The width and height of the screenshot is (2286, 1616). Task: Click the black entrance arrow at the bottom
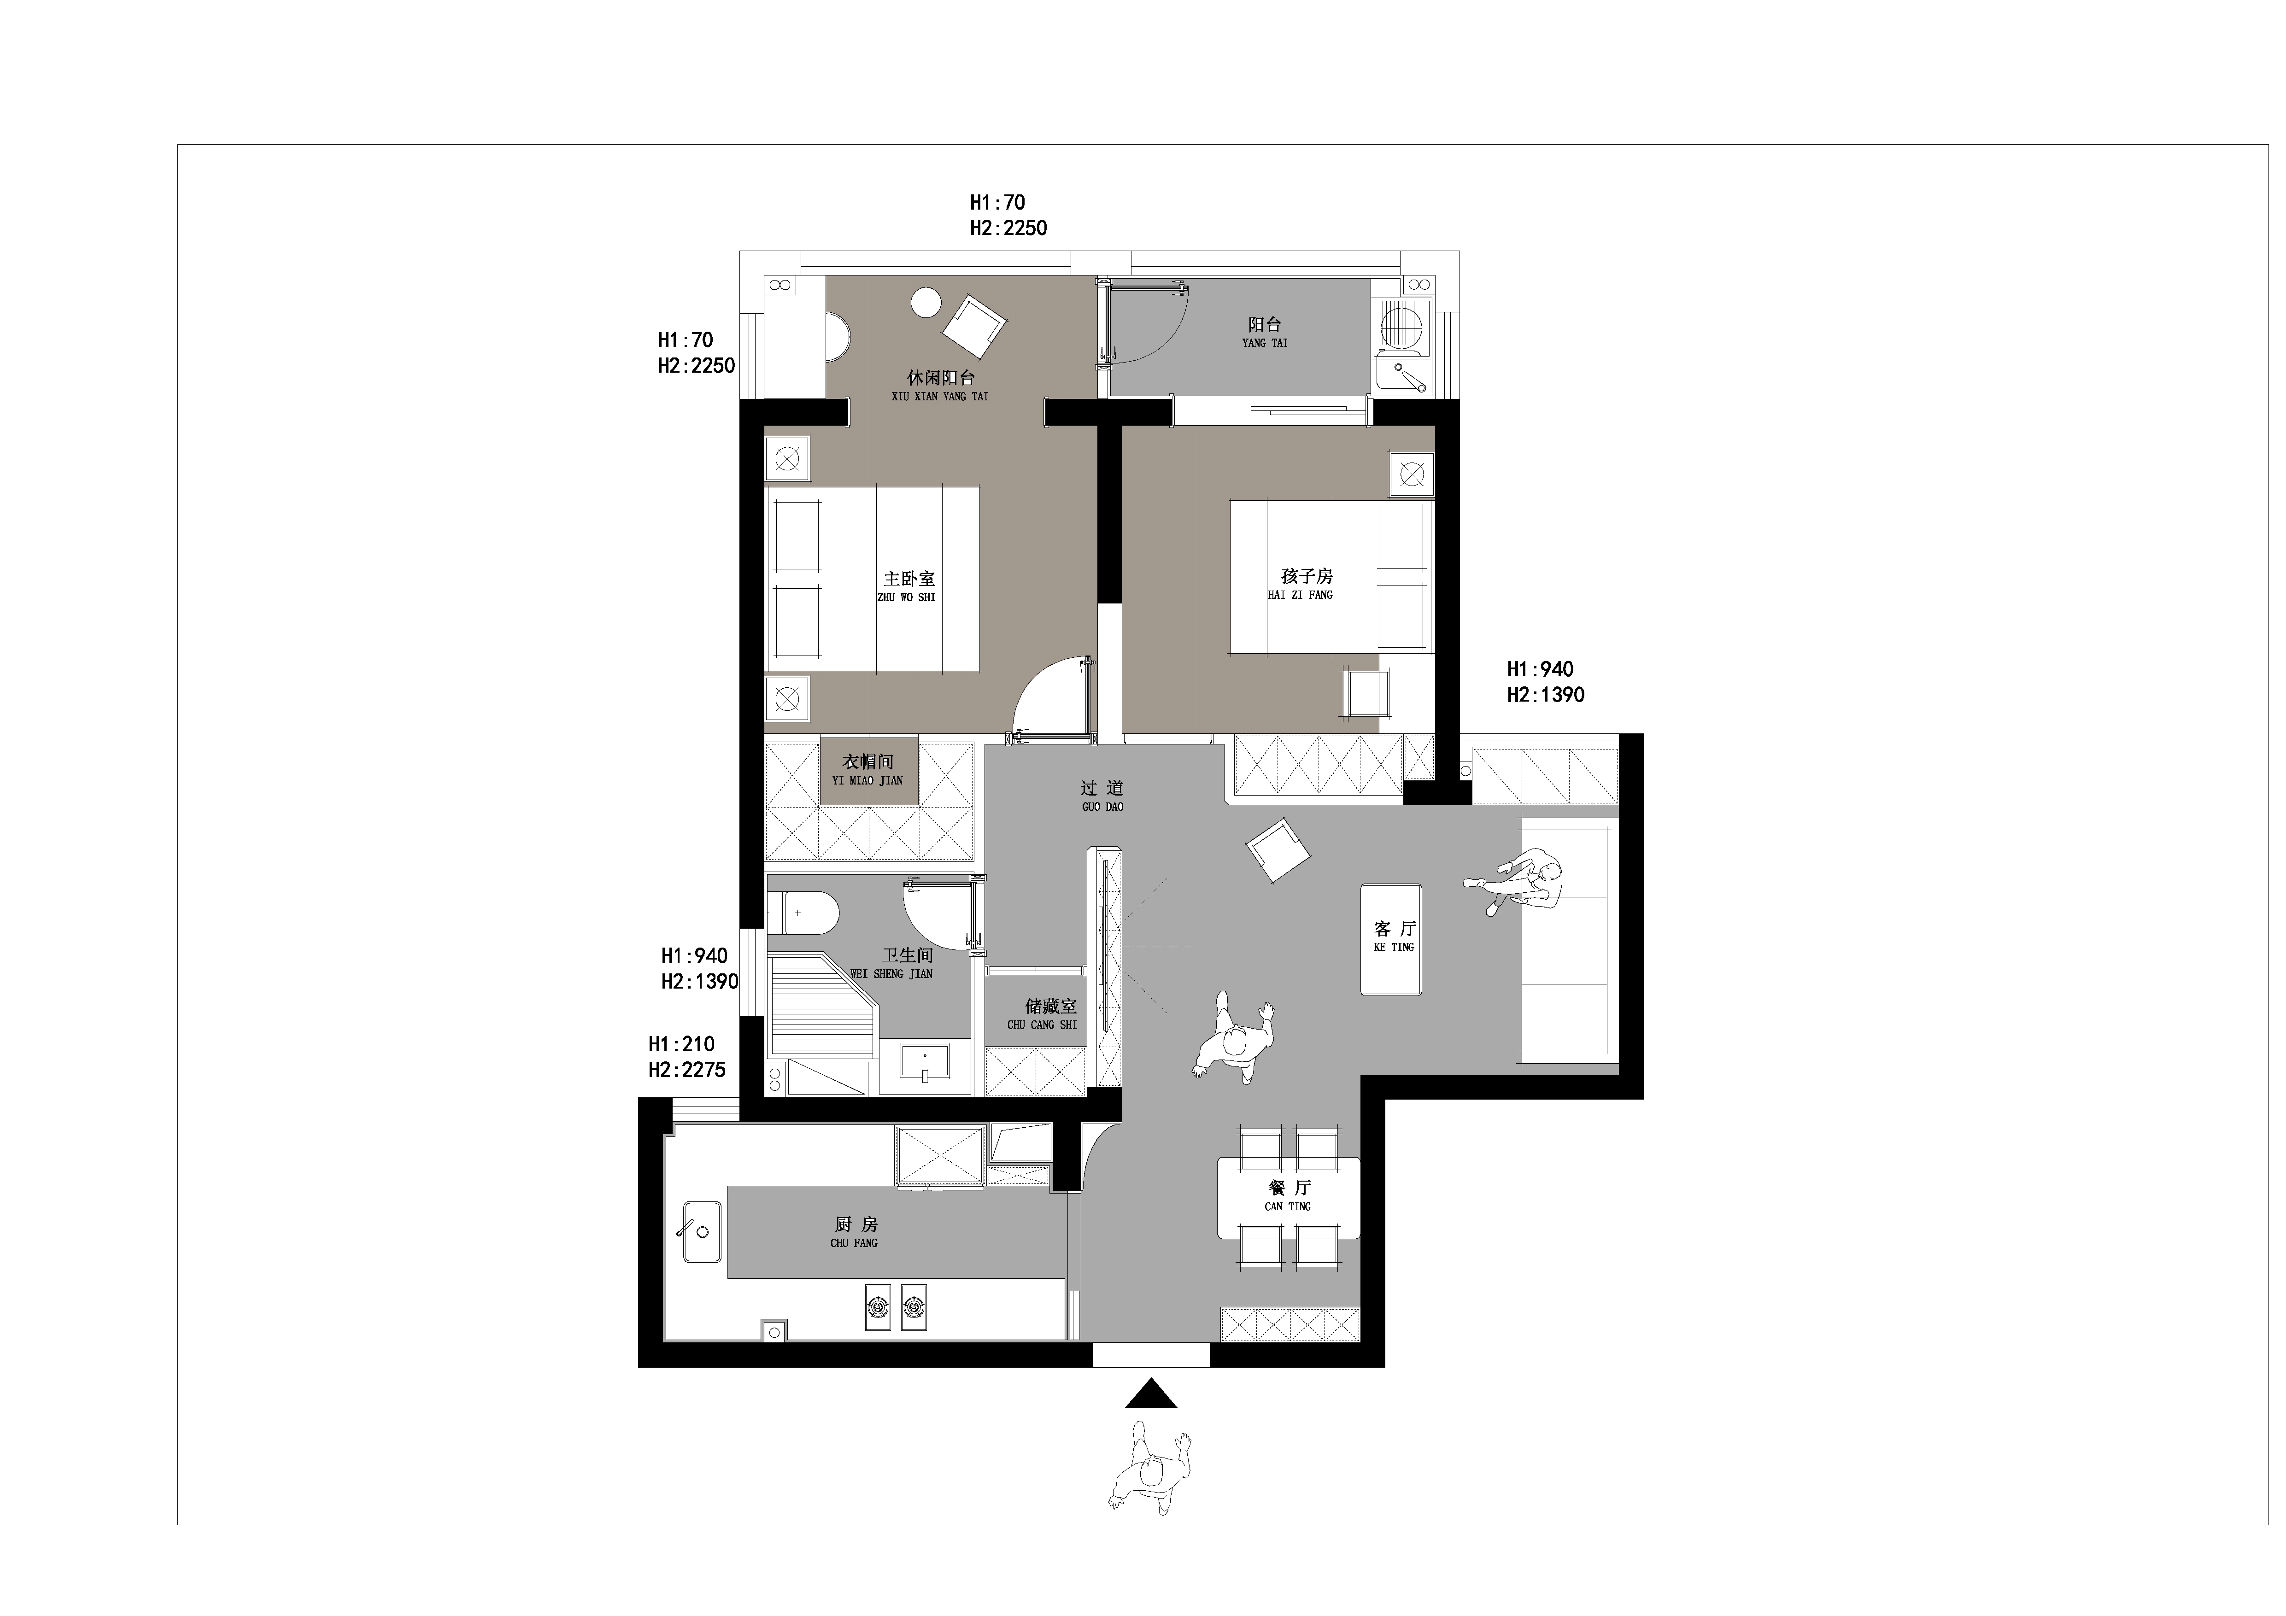1151,1394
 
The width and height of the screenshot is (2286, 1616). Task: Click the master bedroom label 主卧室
909,579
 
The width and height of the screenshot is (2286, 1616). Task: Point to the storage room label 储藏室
1051,1007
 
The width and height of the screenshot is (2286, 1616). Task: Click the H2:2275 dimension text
687,1069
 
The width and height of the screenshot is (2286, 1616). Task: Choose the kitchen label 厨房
856,1225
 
